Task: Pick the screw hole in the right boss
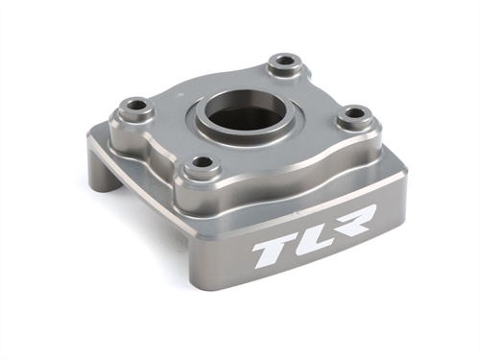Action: coord(355,113)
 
